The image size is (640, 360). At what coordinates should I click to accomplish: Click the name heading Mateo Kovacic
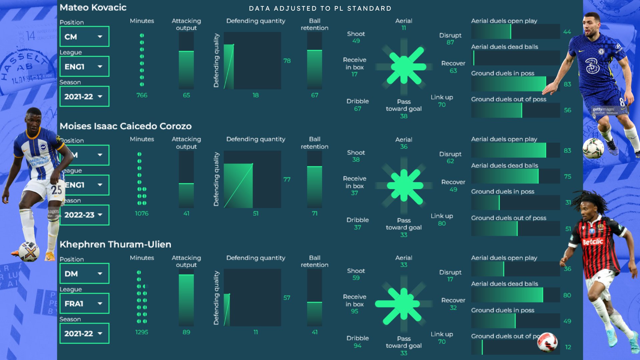pyautogui.click(x=93, y=7)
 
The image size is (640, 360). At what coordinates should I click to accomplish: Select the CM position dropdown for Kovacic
pyautogui.click(x=84, y=37)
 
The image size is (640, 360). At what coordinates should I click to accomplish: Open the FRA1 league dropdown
pyautogui.click(x=84, y=303)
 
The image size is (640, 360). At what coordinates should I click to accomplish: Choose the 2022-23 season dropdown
pyautogui.click(x=84, y=215)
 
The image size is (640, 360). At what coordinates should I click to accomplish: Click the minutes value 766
pyautogui.click(x=142, y=95)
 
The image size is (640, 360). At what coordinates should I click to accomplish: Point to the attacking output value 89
pyautogui.click(x=186, y=332)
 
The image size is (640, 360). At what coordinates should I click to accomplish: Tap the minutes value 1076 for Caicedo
pyautogui.click(x=142, y=213)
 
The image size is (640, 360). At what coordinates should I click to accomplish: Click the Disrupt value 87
pyautogui.click(x=450, y=42)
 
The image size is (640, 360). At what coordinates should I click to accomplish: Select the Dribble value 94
pyautogui.click(x=357, y=346)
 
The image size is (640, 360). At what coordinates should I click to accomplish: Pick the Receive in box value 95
pyautogui.click(x=354, y=311)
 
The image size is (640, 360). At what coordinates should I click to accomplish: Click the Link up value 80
pyautogui.click(x=442, y=223)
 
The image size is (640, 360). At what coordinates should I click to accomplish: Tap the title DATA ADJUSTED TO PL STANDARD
pyautogui.click(x=320, y=9)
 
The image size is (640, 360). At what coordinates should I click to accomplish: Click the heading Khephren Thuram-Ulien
pyautogui.click(x=115, y=244)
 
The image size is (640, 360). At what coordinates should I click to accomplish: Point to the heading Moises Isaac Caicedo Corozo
pyautogui.click(x=126, y=126)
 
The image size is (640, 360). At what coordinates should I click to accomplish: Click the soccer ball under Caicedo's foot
pyautogui.click(x=29, y=251)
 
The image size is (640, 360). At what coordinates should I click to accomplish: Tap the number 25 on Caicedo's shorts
pyautogui.click(x=56, y=190)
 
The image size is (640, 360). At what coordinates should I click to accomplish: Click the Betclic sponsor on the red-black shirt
pyautogui.click(x=593, y=242)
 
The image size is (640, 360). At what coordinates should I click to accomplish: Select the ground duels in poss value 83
pyautogui.click(x=567, y=84)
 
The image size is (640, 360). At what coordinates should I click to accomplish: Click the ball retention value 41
pyautogui.click(x=314, y=332)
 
